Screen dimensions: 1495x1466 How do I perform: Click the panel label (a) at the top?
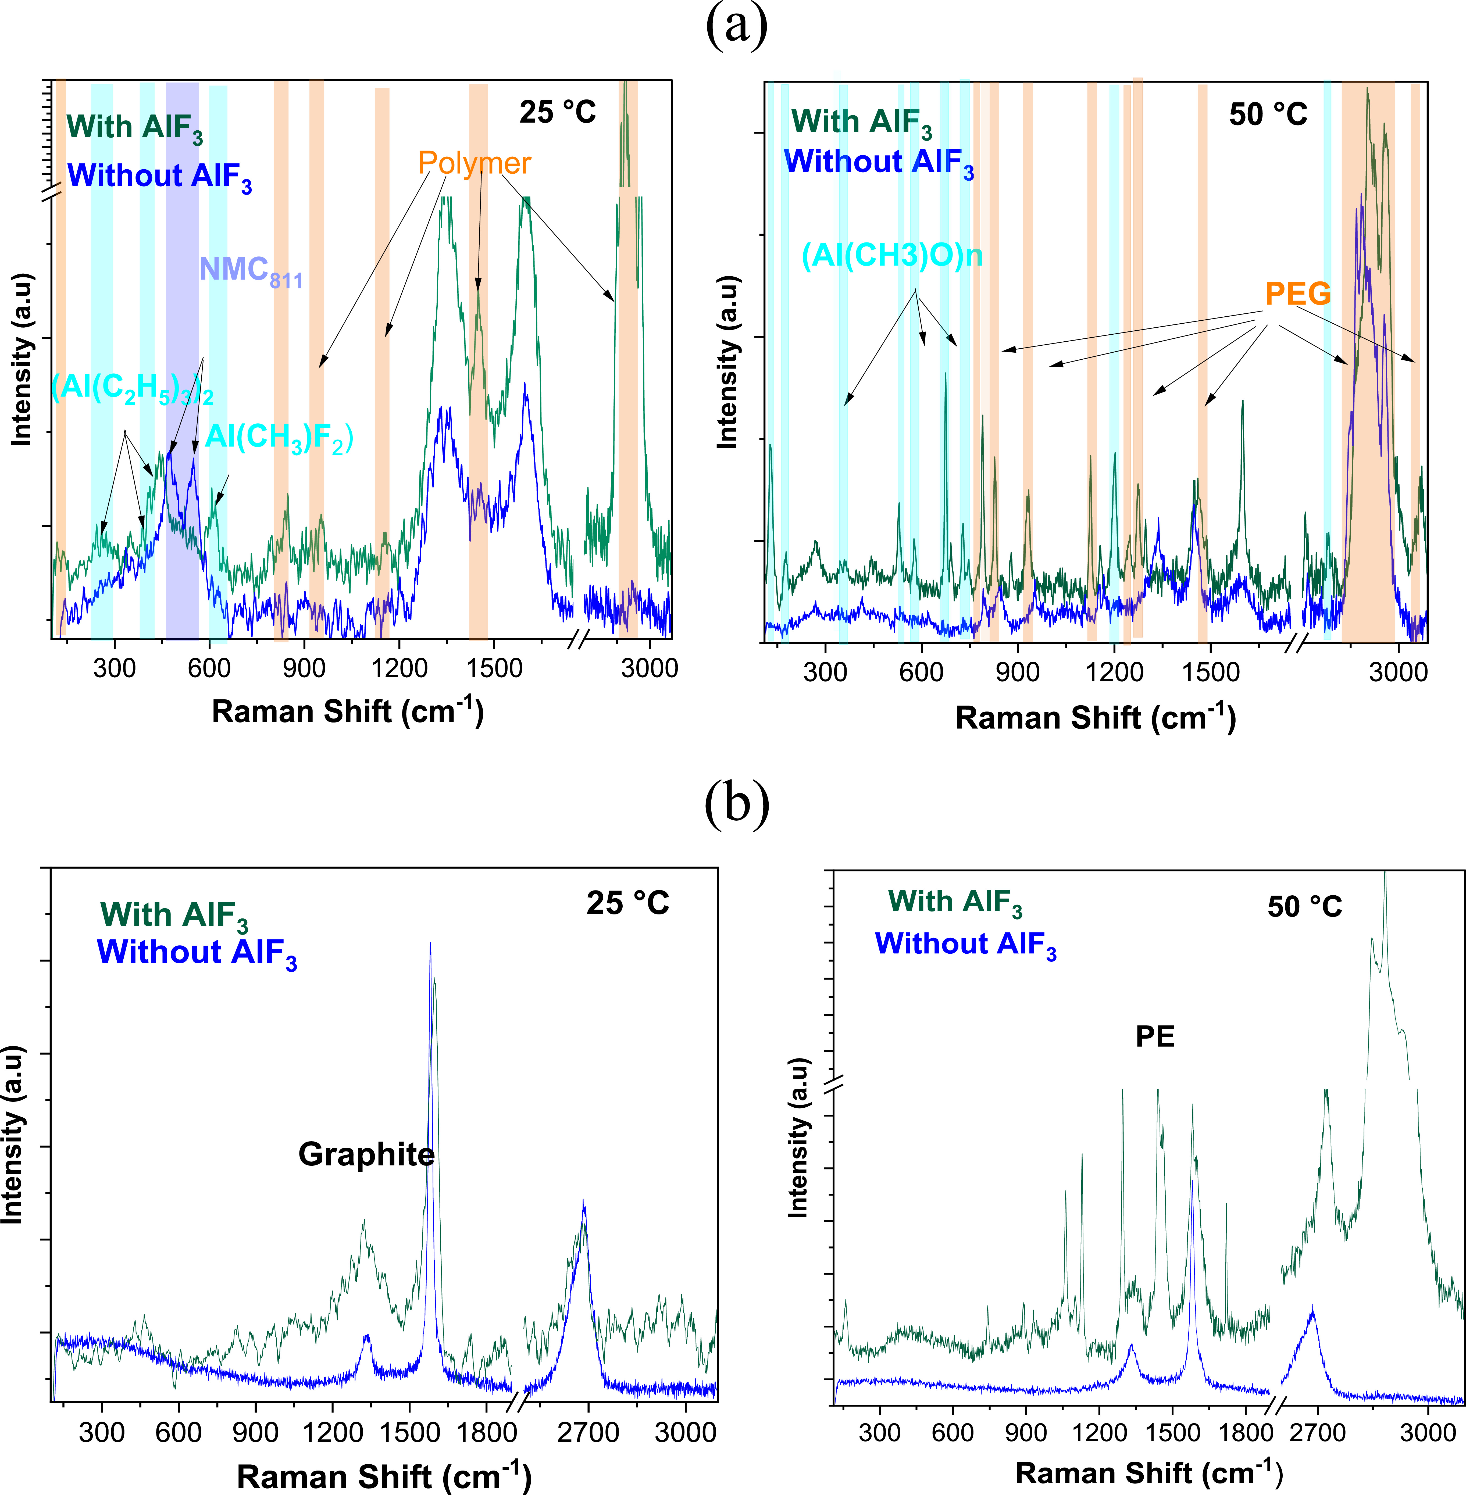(x=736, y=27)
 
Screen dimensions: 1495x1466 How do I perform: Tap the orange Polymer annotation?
(x=474, y=163)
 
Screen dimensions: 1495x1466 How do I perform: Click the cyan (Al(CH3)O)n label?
(x=891, y=255)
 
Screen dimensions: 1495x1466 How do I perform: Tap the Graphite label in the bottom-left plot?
(x=366, y=1155)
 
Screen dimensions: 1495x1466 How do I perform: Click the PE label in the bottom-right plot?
(x=1155, y=1037)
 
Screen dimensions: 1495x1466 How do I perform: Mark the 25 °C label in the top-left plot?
(x=558, y=112)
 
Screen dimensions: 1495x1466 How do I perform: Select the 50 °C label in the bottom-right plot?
(x=1304, y=907)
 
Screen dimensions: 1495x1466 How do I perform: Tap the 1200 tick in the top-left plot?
(x=399, y=667)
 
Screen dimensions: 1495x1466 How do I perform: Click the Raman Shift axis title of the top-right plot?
(x=1095, y=718)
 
